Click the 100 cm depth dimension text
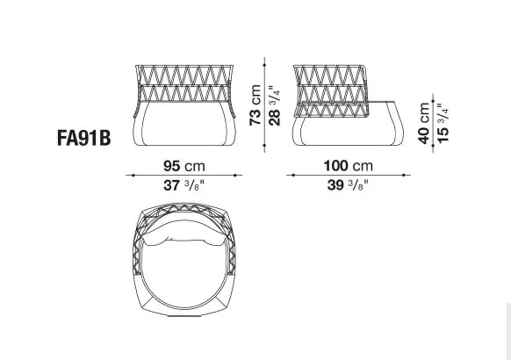(349, 165)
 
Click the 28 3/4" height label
(274, 105)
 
